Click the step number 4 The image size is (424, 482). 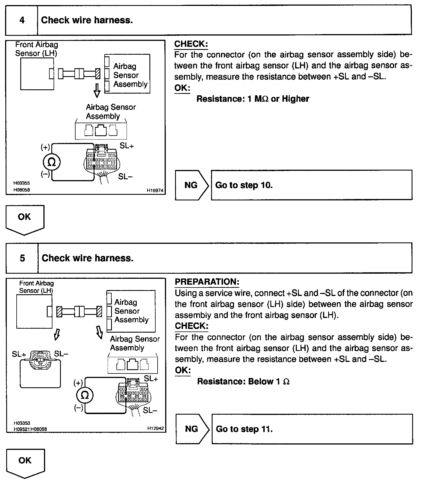[22, 20]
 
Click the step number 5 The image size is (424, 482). [22, 258]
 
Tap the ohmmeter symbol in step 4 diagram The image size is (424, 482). [52, 162]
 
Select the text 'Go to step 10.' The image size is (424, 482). [244, 185]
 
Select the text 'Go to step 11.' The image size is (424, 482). [244, 429]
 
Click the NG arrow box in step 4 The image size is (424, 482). [191, 185]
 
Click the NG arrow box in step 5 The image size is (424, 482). [192, 429]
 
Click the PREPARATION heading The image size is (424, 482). [207, 282]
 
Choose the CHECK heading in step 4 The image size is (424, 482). [191, 44]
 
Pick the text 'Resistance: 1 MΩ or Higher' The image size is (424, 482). [253, 99]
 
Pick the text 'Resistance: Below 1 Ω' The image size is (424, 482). [243, 381]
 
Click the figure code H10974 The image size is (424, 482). [155, 191]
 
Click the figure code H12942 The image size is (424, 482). [155, 428]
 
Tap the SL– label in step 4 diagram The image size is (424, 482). [125, 176]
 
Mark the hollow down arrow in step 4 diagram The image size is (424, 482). [97, 90]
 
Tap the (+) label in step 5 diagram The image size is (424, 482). [78, 383]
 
